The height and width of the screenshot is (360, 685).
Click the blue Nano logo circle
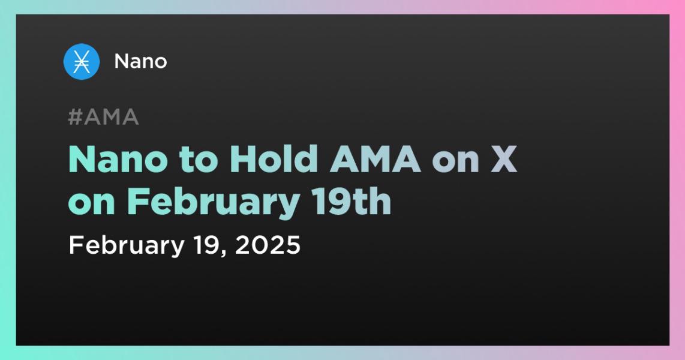click(82, 62)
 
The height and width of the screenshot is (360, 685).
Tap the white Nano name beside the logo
click(140, 61)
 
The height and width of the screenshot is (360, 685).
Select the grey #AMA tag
click(103, 118)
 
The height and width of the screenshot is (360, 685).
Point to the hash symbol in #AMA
click(75, 118)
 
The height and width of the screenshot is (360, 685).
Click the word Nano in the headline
click(109, 160)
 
